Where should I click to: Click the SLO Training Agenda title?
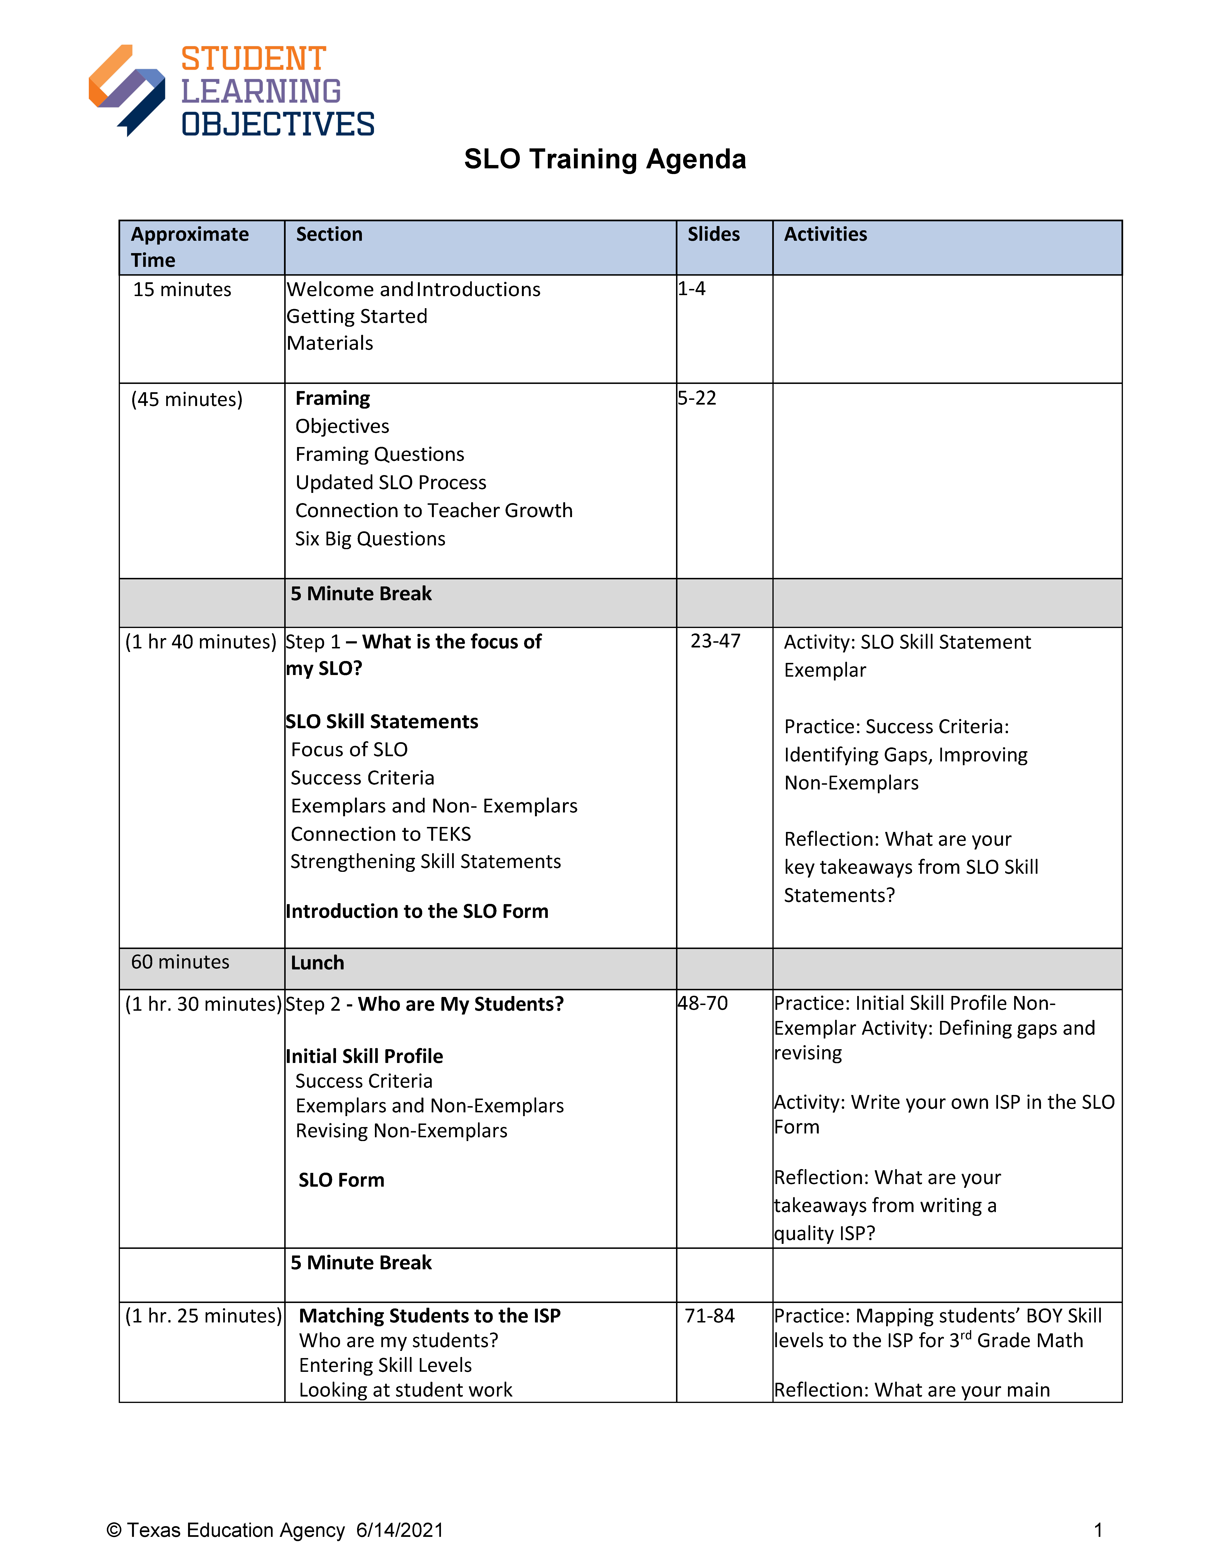click(605, 159)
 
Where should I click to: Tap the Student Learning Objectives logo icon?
click(127, 90)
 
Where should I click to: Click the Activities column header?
click(825, 235)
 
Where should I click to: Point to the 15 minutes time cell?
click(182, 290)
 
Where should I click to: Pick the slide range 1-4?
click(692, 289)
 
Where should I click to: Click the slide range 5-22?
click(697, 398)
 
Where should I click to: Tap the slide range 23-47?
click(715, 642)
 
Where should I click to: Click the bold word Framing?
click(333, 398)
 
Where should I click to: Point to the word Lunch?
click(317, 963)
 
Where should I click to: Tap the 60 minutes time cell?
click(180, 962)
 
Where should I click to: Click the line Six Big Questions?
click(370, 539)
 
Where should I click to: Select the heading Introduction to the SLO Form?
click(417, 911)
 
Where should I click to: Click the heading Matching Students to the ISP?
click(430, 1316)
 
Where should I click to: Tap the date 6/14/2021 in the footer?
click(400, 1530)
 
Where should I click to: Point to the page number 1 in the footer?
click(1098, 1530)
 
